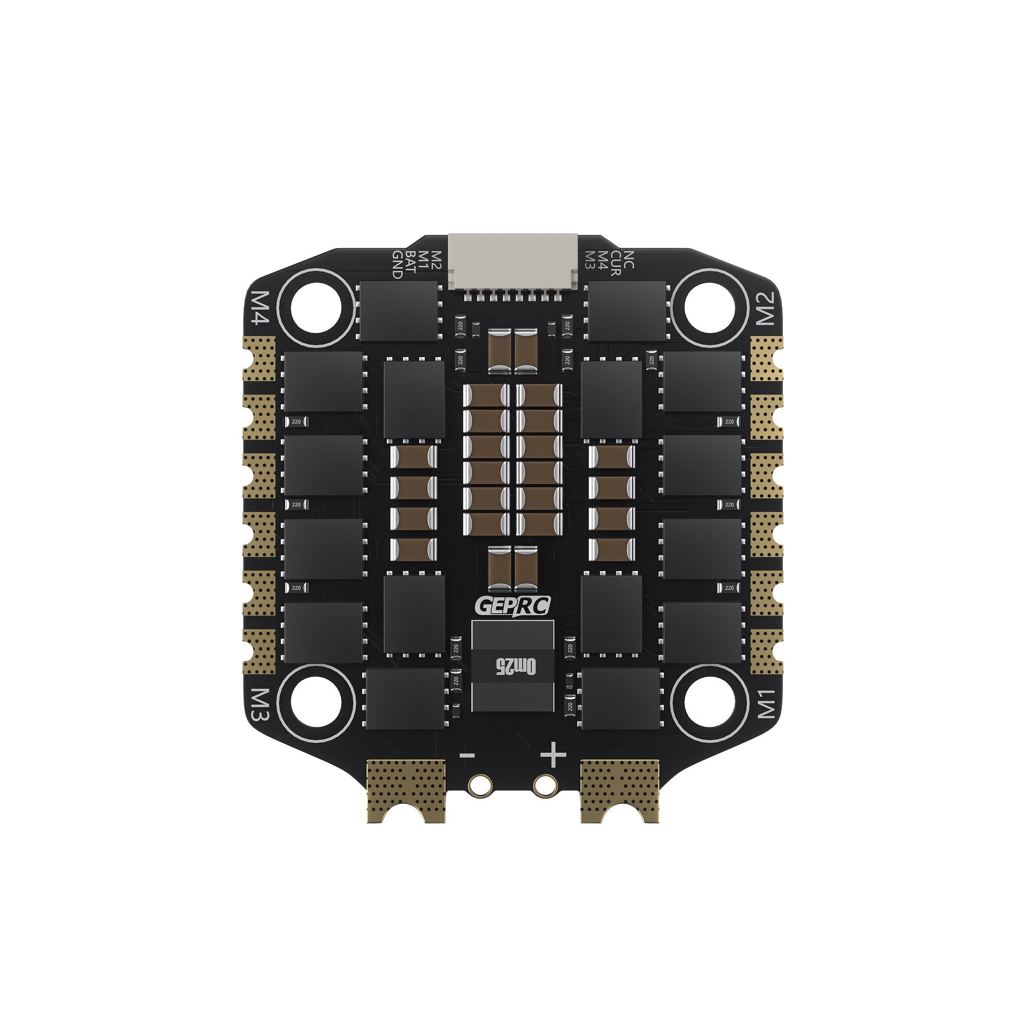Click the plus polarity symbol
tap(553, 755)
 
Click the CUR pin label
tap(616, 261)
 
